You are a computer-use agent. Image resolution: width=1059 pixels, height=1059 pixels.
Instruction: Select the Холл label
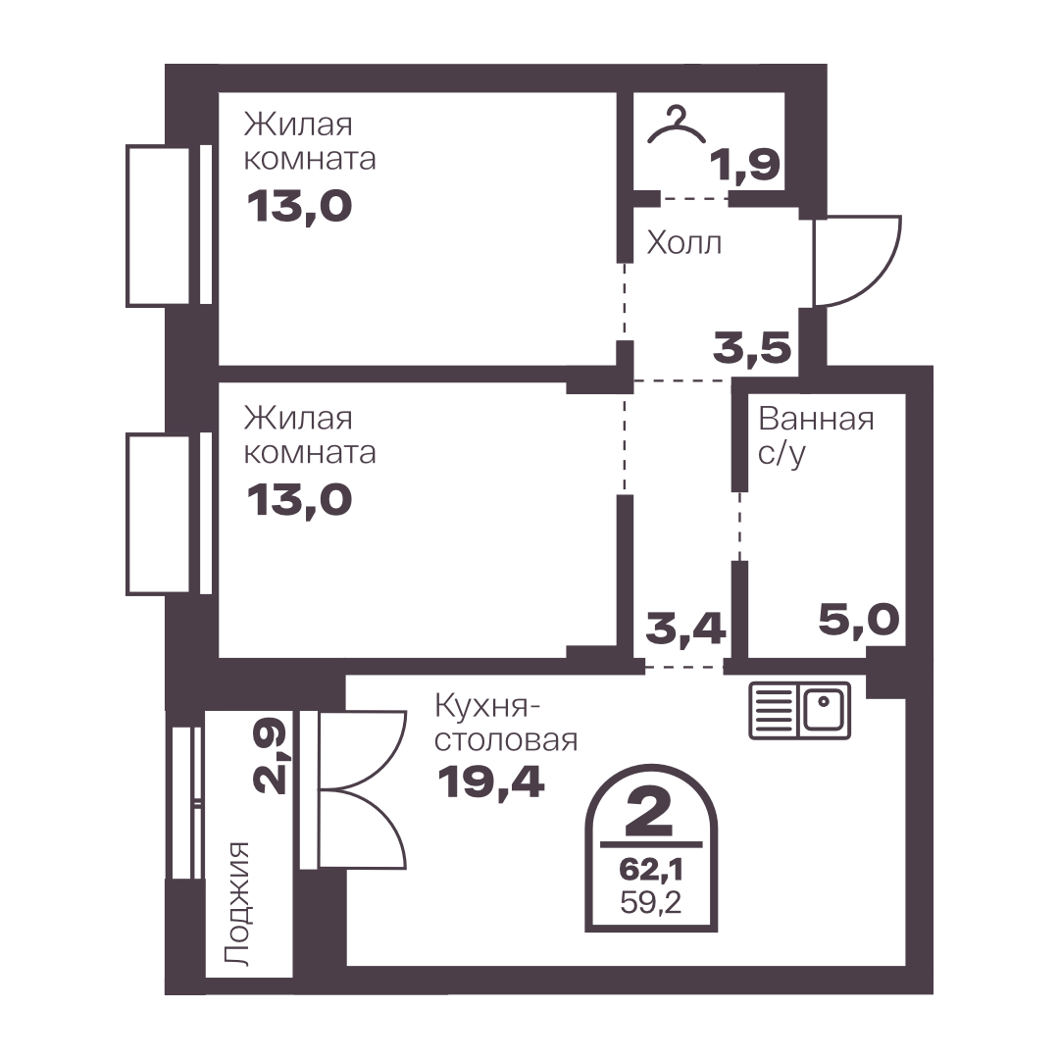(x=684, y=242)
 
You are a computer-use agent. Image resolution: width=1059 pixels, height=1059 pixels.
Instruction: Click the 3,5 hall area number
(x=752, y=348)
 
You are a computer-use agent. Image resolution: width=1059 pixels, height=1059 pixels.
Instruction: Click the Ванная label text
(x=817, y=420)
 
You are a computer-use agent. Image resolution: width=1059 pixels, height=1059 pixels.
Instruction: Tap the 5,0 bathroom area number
(x=859, y=620)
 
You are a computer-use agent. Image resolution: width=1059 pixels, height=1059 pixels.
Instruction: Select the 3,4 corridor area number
(x=685, y=628)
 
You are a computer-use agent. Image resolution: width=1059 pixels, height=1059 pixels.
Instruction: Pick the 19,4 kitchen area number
(x=490, y=782)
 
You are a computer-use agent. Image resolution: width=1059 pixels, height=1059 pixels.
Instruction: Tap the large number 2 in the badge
(x=650, y=812)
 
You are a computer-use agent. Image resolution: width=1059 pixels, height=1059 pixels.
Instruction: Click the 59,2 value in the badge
(x=651, y=902)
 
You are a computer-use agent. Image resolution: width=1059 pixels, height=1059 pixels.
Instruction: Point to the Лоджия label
(x=237, y=904)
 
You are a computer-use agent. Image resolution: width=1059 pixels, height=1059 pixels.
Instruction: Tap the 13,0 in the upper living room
(x=299, y=206)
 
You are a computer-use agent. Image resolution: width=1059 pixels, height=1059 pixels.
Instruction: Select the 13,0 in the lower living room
(x=299, y=500)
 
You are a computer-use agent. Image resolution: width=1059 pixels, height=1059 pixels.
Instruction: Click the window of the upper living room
(x=169, y=226)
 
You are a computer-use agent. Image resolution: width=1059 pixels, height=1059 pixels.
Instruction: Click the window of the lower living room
(x=169, y=514)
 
